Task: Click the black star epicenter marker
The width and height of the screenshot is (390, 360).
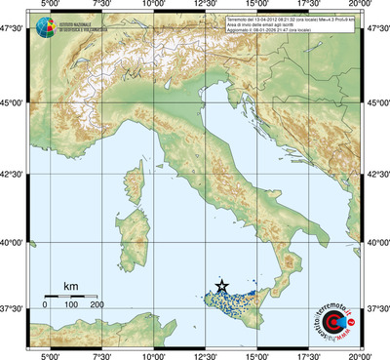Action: (222, 286)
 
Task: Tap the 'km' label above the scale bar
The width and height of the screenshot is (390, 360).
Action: (71, 285)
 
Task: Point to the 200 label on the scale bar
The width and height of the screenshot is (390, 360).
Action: (97, 305)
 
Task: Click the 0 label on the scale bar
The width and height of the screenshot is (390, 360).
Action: (45, 305)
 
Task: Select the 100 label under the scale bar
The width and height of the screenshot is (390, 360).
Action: (71, 305)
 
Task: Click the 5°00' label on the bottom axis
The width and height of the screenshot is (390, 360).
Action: (50, 355)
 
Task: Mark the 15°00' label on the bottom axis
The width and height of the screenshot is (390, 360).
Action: (257, 355)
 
